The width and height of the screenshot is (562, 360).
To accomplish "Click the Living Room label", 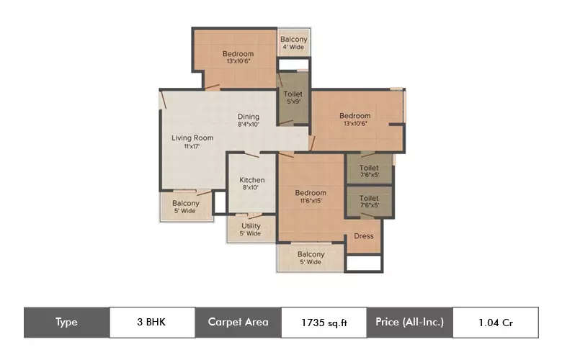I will (192, 138).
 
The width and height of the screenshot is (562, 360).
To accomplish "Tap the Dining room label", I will (249, 117).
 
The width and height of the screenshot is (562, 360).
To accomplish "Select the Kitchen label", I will (252, 180).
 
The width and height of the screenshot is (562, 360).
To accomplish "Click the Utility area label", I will (251, 226).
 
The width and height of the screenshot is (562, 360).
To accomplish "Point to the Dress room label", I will (363, 236).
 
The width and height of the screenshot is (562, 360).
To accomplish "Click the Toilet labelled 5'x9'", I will (293, 94).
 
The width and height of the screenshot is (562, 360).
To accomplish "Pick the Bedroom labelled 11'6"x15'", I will (311, 193).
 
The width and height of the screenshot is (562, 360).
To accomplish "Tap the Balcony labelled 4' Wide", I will (293, 40).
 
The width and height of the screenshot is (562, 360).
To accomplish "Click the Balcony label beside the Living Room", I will (186, 204).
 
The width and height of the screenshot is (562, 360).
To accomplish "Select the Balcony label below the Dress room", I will (311, 254).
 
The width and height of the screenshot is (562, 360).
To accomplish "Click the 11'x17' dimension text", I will (192, 146).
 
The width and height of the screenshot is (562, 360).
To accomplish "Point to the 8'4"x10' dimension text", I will (249, 125).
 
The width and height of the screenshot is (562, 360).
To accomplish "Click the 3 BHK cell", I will (152, 322).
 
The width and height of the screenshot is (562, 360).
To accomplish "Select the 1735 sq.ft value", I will (324, 323).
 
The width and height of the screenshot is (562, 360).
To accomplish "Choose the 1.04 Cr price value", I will (495, 323).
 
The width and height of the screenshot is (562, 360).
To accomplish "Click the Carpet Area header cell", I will (238, 322).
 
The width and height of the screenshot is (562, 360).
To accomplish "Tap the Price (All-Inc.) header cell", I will (409, 322).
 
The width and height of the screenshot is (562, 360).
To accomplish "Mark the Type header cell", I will (66, 322).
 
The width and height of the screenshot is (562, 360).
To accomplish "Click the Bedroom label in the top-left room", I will (238, 54).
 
